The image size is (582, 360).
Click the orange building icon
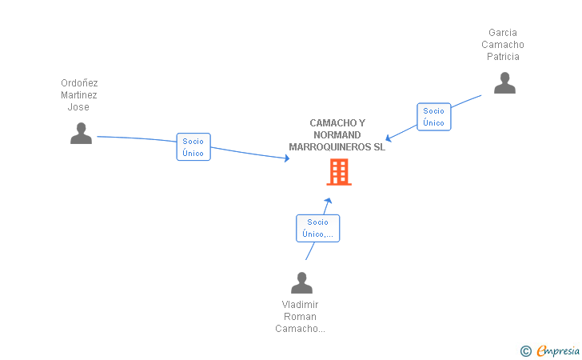pos(339,172)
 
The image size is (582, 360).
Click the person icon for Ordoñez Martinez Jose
pos(81,133)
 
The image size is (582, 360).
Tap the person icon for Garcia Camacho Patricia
pos(504,83)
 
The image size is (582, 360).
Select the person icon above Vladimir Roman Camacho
pos(301,283)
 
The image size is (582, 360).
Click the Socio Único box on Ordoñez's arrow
pos(193,147)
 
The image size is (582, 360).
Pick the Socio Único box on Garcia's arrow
pos(433,117)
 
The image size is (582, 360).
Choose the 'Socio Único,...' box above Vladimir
pos(317,228)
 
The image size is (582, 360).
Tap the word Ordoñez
pos(79,82)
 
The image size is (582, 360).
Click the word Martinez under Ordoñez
pos(79,95)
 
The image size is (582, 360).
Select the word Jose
pos(78,107)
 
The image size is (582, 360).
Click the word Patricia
pos(503,57)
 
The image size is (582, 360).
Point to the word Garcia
pos(503,33)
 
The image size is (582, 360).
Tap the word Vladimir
pos(300,304)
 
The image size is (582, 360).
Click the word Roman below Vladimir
pos(300,316)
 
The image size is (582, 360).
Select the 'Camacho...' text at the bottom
pos(300,329)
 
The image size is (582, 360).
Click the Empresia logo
pos(558,350)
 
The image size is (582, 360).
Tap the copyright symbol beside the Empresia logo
pos(525,350)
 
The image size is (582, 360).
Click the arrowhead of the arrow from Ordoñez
pos(286,158)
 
